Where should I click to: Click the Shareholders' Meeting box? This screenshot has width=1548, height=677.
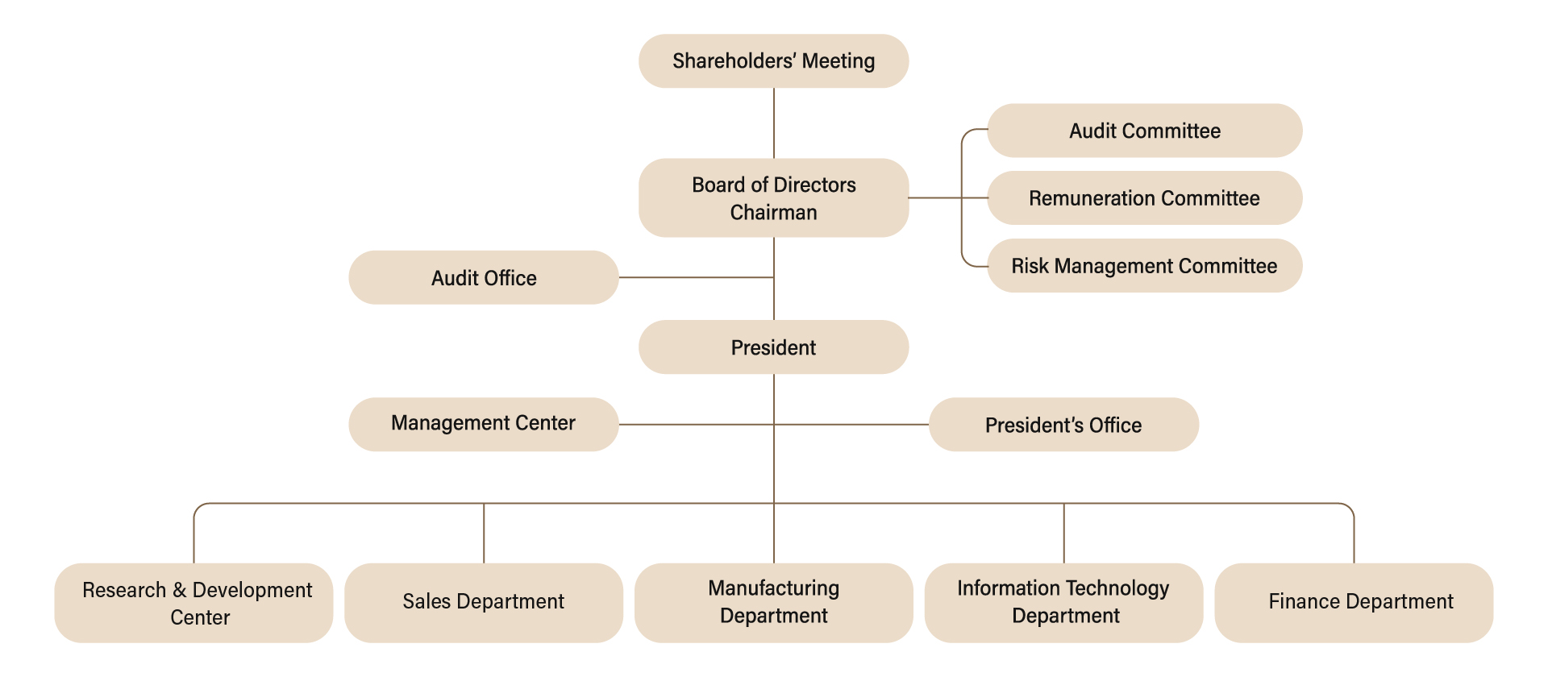point(773,61)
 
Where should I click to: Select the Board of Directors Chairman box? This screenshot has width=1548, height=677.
point(773,197)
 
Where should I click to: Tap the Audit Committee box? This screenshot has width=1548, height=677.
point(1144,131)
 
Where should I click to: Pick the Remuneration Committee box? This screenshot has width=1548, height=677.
point(1144,198)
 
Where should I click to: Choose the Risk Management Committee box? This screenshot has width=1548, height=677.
point(1144,266)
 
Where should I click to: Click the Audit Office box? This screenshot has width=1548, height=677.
point(483,278)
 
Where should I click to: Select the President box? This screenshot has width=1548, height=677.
point(773,347)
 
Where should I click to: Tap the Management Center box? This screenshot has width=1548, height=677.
point(483,424)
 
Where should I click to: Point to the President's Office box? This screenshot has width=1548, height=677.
point(1063,425)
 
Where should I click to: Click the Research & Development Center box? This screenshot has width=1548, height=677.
point(193,603)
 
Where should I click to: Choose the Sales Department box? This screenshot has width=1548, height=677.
point(483,602)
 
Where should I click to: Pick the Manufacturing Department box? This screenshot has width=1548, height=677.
point(773,602)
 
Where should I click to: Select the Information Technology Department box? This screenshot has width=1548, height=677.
point(1063,602)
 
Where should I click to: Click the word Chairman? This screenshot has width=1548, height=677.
point(773,213)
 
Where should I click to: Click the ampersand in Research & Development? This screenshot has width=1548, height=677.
point(179,591)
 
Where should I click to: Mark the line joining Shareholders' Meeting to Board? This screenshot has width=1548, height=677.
point(774,123)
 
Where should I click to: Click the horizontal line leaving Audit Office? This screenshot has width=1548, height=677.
point(695,277)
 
